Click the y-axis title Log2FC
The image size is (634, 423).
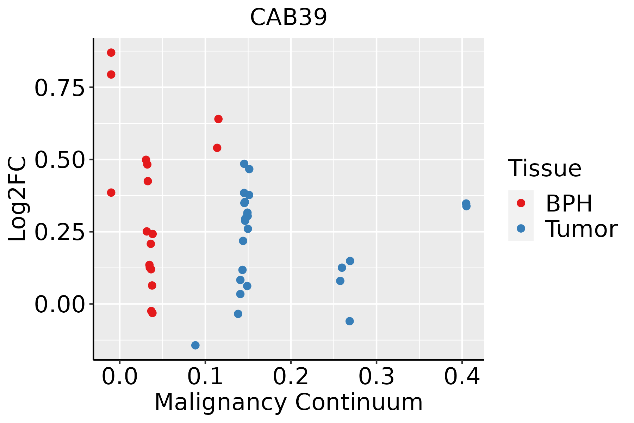[18, 199]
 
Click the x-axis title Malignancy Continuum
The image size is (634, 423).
[288, 403]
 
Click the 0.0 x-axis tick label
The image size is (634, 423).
[119, 377]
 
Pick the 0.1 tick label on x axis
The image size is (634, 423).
[205, 377]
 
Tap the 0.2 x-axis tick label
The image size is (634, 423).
[291, 377]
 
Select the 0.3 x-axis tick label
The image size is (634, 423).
[376, 377]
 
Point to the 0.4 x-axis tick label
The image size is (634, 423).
[462, 377]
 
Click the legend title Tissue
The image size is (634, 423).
[545, 168]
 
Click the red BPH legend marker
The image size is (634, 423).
[521, 203]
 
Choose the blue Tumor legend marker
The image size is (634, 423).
[521, 228]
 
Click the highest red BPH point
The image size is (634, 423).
[111, 53]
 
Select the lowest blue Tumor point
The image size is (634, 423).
[195, 345]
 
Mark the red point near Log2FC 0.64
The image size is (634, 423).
[218, 119]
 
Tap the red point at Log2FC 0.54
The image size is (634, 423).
[217, 148]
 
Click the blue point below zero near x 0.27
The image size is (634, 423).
[349, 321]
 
